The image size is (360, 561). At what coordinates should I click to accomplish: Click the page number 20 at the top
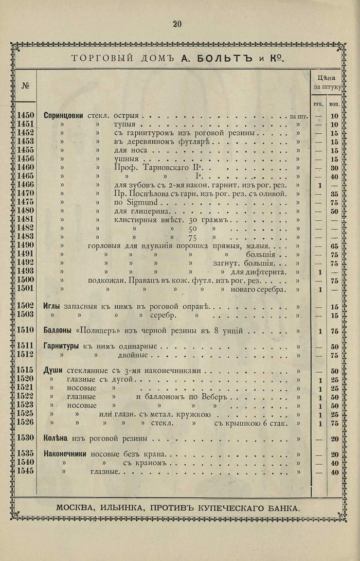[177, 24]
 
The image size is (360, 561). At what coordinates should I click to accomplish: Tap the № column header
[25, 85]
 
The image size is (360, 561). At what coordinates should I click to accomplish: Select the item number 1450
[25, 116]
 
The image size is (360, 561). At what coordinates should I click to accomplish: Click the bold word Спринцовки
[64, 116]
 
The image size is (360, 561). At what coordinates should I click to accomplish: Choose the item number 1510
[25, 330]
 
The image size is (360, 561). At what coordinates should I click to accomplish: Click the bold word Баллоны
[60, 330]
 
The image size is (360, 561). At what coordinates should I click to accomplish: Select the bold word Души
[53, 371]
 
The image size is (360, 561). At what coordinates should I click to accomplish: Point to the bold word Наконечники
[67, 455]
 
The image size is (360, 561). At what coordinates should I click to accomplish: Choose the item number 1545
[25, 472]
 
